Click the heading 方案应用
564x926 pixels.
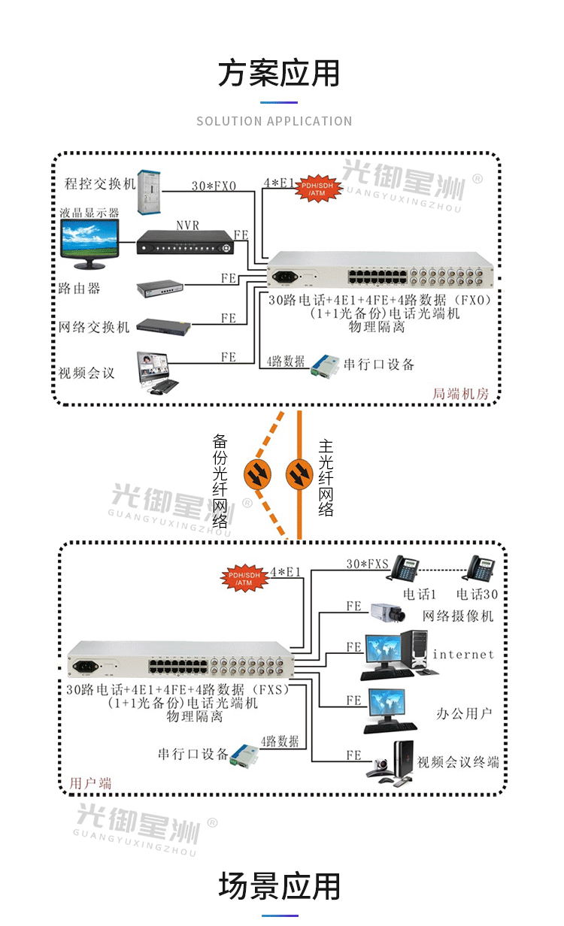point(279,74)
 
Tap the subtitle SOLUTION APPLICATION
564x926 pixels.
point(274,121)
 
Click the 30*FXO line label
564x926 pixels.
point(213,186)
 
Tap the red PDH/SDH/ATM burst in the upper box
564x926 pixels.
point(317,189)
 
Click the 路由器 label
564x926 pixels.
point(79,288)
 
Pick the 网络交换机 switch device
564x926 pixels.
point(164,326)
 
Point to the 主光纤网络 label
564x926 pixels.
point(326,477)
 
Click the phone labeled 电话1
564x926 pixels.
point(404,570)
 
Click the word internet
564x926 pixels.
point(462,655)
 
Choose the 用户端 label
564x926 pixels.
point(90,783)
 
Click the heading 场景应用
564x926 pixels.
point(279,887)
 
